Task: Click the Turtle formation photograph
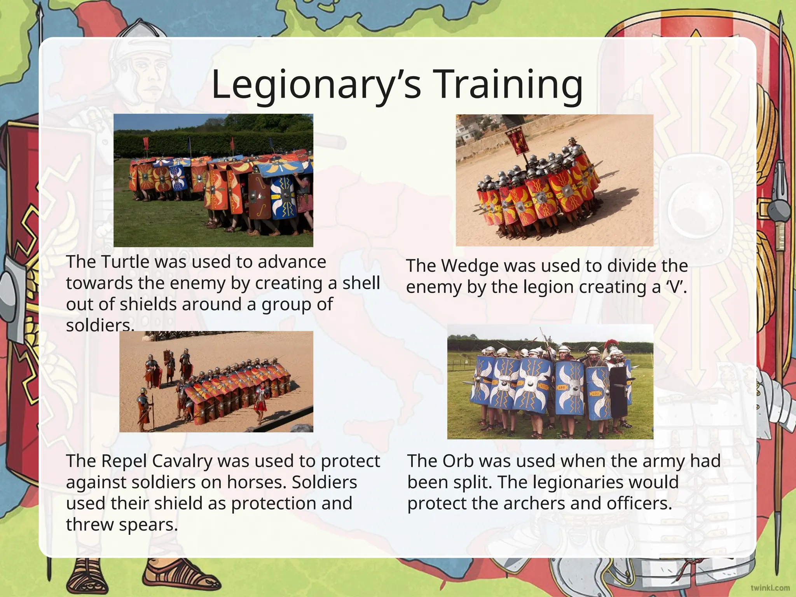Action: click(x=213, y=180)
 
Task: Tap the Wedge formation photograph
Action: click(x=554, y=180)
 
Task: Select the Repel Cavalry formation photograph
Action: click(x=216, y=382)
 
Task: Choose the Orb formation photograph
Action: click(x=550, y=382)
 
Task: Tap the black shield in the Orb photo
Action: click(x=618, y=391)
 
